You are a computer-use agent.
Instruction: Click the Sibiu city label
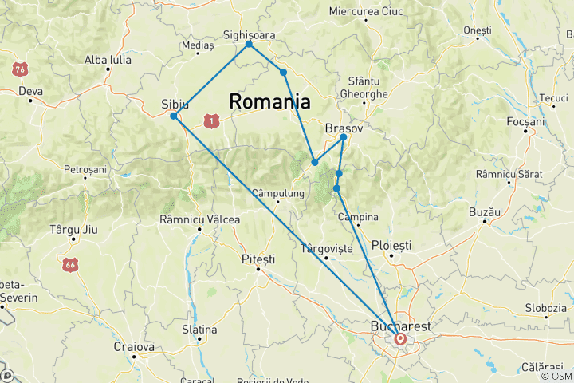175,104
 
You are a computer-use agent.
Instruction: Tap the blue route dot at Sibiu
174,116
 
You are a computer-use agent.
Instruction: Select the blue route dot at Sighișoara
250,44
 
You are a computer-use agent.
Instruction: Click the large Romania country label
269,101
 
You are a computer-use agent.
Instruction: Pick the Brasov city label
344,128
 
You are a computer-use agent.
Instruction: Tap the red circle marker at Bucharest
400,339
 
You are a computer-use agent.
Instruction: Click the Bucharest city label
401,326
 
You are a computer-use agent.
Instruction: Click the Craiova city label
133,347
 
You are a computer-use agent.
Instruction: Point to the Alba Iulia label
107,59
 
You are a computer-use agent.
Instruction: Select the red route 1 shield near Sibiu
210,120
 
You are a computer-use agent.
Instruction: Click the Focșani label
525,122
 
